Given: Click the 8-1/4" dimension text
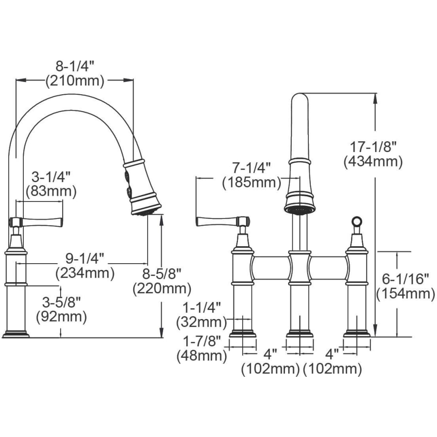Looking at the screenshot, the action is point(76,67).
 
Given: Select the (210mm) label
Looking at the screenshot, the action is point(75,81).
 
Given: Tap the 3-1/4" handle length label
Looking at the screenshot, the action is point(51,177).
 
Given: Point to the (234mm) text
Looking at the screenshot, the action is point(85,273).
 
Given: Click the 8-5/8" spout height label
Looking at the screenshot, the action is point(162,274).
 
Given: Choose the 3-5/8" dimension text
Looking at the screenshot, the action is point(61,303).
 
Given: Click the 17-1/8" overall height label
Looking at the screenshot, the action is point(373,147).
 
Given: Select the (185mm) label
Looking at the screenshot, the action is point(252,183).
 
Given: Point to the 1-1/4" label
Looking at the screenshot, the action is point(202,307).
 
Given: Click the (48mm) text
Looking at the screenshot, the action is point(202,355).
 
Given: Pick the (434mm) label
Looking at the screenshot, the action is point(373,162).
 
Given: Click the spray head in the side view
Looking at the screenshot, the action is point(142,187).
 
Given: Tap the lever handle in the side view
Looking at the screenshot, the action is point(36,221).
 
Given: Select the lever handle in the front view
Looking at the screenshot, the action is point(223,221).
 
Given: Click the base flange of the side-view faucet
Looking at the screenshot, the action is point(16,335).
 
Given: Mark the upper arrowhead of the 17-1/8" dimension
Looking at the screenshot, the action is point(376,98).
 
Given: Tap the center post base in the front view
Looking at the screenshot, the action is point(300,334).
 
